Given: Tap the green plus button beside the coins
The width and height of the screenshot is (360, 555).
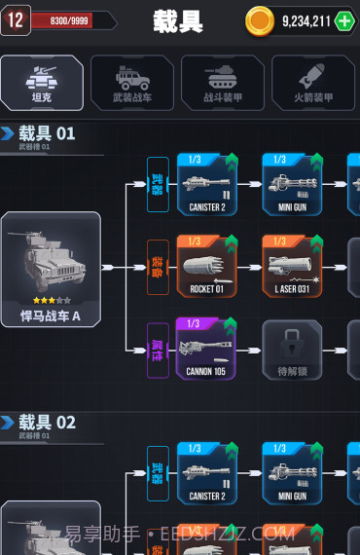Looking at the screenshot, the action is (345, 20).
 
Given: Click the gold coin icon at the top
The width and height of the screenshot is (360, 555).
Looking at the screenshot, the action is (260, 20).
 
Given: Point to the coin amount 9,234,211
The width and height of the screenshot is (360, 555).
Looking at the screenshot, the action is (306, 20).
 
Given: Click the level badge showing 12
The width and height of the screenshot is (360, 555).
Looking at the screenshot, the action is (15, 19).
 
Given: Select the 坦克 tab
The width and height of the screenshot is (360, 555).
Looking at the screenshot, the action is (41, 82).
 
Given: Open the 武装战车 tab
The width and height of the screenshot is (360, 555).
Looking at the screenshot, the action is (131, 82).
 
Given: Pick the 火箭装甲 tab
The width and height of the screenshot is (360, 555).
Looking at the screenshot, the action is (312, 82).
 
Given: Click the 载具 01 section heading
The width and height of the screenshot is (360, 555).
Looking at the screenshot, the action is (47, 133).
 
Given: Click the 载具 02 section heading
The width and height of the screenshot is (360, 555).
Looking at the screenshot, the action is (47, 422).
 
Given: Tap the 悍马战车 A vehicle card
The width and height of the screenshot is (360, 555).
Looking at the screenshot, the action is (51, 268).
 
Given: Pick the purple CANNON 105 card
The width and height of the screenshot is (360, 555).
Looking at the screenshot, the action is (206, 348).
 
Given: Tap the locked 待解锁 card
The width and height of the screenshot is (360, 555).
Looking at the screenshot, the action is (292, 349).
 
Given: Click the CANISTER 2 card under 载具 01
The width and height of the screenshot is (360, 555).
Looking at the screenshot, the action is (206, 184).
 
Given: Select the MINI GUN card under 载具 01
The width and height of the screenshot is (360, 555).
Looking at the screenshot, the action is (292, 184).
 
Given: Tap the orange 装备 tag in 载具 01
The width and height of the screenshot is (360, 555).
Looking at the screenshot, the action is (158, 267).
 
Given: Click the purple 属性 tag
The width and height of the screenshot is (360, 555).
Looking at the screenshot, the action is (158, 349).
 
